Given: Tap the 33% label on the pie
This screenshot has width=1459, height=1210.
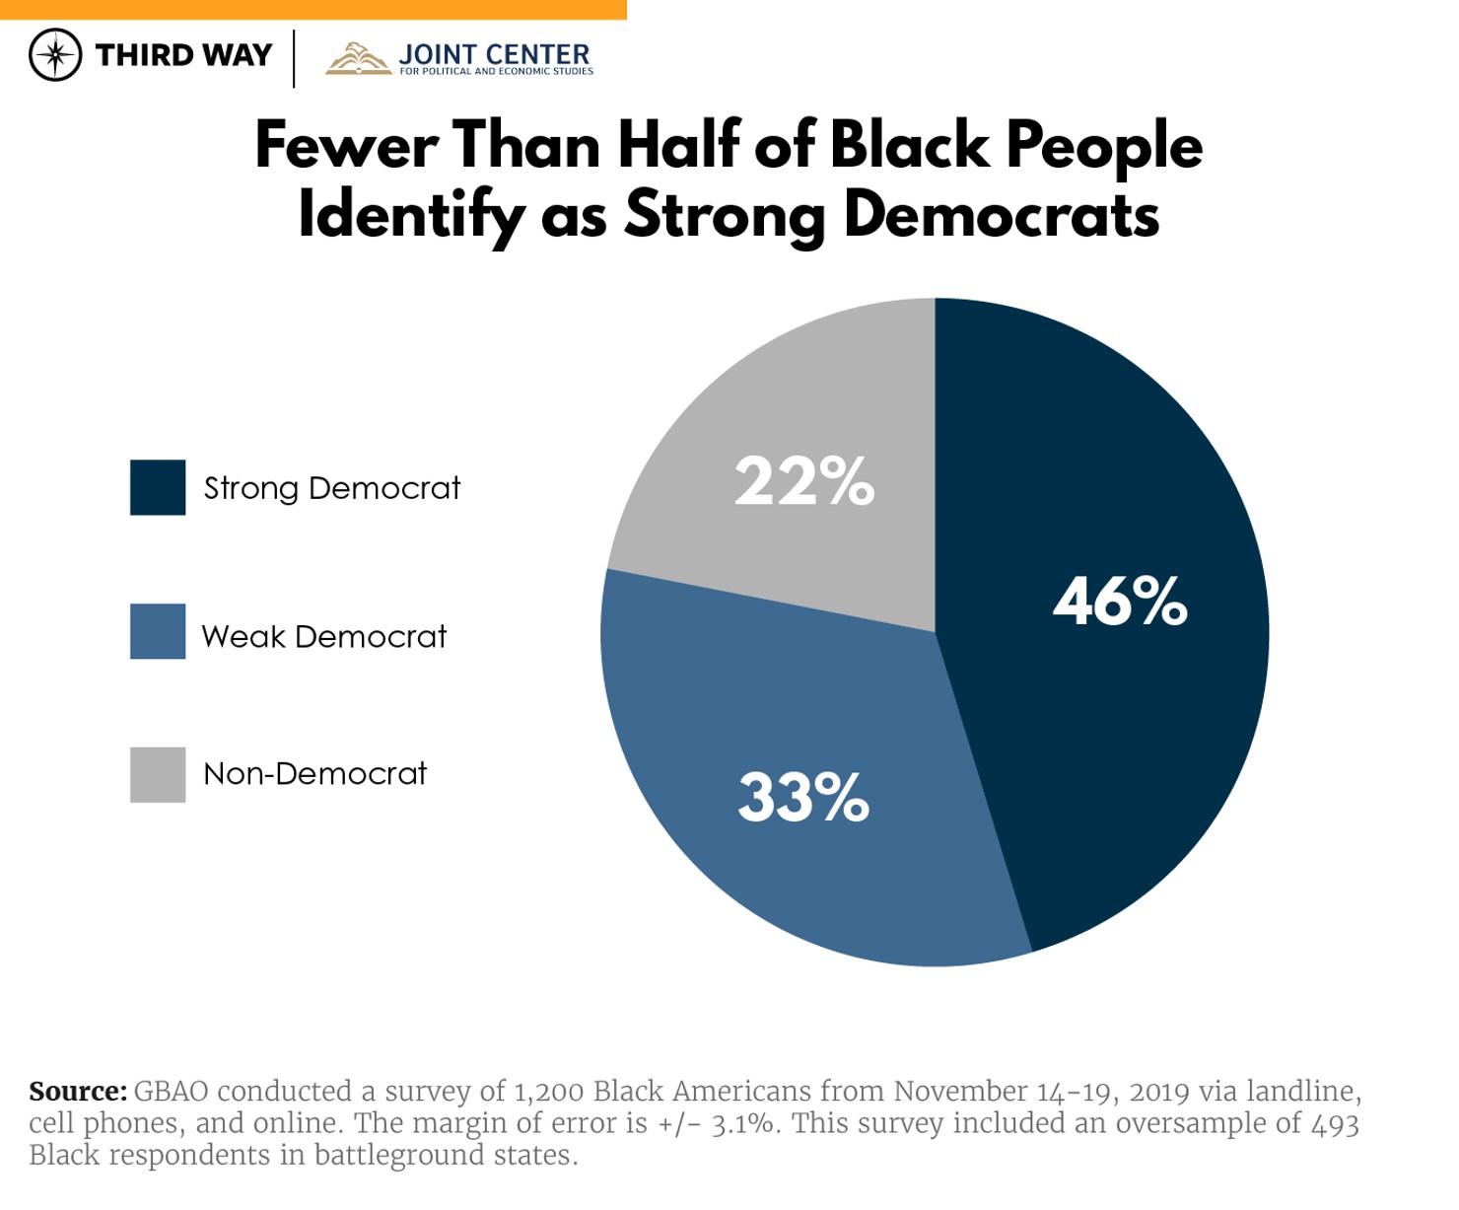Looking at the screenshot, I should (803, 797).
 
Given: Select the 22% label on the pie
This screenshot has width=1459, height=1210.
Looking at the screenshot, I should (804, 481).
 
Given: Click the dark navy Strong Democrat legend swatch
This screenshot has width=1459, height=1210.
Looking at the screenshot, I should (158, 487).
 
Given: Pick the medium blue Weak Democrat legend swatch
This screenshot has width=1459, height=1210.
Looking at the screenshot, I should (158, 631).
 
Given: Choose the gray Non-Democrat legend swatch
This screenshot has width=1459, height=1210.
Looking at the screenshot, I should (158, 774).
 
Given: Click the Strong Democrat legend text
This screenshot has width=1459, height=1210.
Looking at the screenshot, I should (331, 488).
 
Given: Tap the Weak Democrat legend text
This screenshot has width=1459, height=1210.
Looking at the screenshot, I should (323, 636).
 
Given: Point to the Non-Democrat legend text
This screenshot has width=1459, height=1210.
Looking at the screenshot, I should (314, 773).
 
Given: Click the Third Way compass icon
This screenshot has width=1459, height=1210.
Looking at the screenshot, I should (55, 55).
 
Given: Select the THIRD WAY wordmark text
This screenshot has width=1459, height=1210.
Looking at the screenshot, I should (183, 55).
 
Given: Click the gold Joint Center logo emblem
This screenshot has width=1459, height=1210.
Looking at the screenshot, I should (359, 59).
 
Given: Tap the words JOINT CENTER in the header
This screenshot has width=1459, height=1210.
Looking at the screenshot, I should (494, 54).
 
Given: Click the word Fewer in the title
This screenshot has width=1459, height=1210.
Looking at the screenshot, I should (346, 146).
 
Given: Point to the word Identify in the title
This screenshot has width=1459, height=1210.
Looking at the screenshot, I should (410, 215).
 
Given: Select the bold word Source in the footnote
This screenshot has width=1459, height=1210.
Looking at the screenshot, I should (77, 1092).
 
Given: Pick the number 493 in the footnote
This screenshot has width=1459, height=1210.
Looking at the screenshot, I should (1335, 1123).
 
